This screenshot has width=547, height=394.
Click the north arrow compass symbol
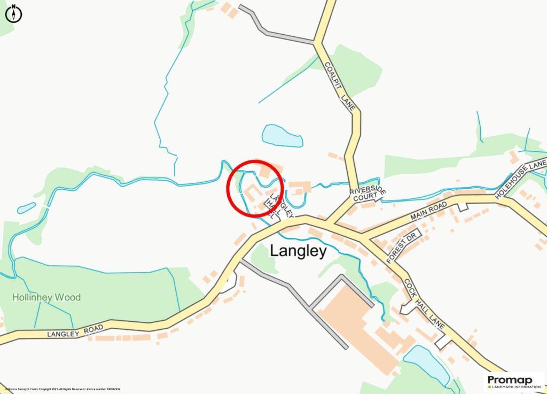click(x=13, y=13)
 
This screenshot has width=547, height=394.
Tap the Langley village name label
click(x=298, y=251)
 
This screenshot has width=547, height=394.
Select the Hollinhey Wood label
click(x=46, y=297)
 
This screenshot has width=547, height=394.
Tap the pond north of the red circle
click(x=282, y=136)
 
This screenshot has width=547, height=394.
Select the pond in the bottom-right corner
click(x=426, y=365)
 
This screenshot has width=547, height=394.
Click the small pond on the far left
click(x=26, y=208)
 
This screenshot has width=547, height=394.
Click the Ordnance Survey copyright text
click(x=62, y=389)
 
